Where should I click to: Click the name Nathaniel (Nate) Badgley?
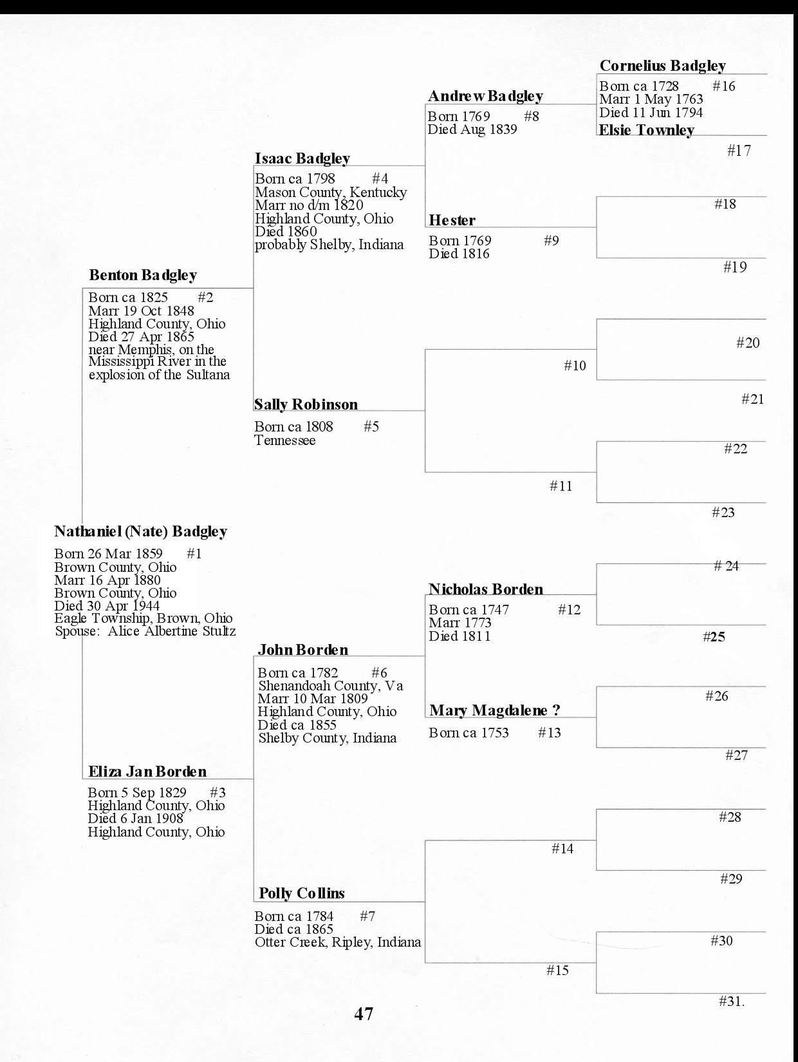click(140, 531)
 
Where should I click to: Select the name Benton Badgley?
click(143, 275)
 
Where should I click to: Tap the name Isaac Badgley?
click(302, 158)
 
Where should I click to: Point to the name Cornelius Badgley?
click(662, 66)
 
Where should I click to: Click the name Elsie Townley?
click(646, 130)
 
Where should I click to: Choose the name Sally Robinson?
click(306, 404)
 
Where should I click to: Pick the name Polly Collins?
click(301, 893)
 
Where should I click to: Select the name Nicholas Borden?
click(486, 589)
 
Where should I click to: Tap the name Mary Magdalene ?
click(494, 710)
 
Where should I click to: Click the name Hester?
click(452, 220)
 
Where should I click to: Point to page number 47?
click(364, 1014)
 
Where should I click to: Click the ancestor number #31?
click(731, 1001)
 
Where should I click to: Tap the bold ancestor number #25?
click(714, 637)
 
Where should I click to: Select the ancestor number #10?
click(575, 366)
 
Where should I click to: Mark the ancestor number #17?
click(739, 151)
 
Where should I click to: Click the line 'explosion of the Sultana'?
click(159, 375)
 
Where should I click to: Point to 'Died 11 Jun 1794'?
click(651, 113)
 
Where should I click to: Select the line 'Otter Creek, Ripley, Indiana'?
click(337, 942)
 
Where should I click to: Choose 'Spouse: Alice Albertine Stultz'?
click(145, 631)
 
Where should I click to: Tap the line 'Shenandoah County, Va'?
click(330, 686)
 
